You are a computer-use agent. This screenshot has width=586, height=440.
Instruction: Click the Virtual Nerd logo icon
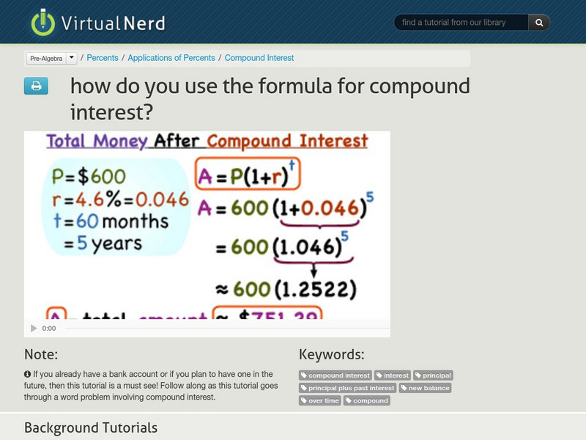pyautogui.click(x=42, y=22)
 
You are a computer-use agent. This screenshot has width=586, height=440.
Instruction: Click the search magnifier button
pyautogui.click(x=539, y=23)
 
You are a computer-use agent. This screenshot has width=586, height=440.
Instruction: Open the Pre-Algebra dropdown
pyautogui.click(x=51, y=58)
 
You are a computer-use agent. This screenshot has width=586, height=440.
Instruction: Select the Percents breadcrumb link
pyautogui.click(x=103, y=58)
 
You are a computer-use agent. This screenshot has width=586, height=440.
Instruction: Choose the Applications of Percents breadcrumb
pyautogui.click(x=171, y=58)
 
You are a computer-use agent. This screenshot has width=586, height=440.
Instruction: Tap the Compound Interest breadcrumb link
pyautogui.click(x=259, y=58)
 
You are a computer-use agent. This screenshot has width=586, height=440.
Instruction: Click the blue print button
pyautogui.click(x=36, y=87)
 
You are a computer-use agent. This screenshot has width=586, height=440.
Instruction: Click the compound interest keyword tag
pyautogui.click(x=335, y=375)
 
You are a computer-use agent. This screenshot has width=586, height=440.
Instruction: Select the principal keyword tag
pyautogui.click(x=433, y=375)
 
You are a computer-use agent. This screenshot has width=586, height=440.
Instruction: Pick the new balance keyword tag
pyautogui.click(x=426, y=388)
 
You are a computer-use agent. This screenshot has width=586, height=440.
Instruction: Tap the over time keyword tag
pyautogui.click(x=320, y=400)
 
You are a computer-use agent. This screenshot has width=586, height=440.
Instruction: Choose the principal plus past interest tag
pyautogui.click(x=347, y=388)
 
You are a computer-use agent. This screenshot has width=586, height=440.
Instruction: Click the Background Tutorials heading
pyautogui.click(x=91, y=428)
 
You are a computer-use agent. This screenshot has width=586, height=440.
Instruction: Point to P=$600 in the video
pyautogui.click(x=89, y=177)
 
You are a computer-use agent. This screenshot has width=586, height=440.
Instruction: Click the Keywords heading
pyautogui.click(x=331, y=355)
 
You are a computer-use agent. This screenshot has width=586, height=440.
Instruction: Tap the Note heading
pyautogui.click(x=41, y=355)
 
